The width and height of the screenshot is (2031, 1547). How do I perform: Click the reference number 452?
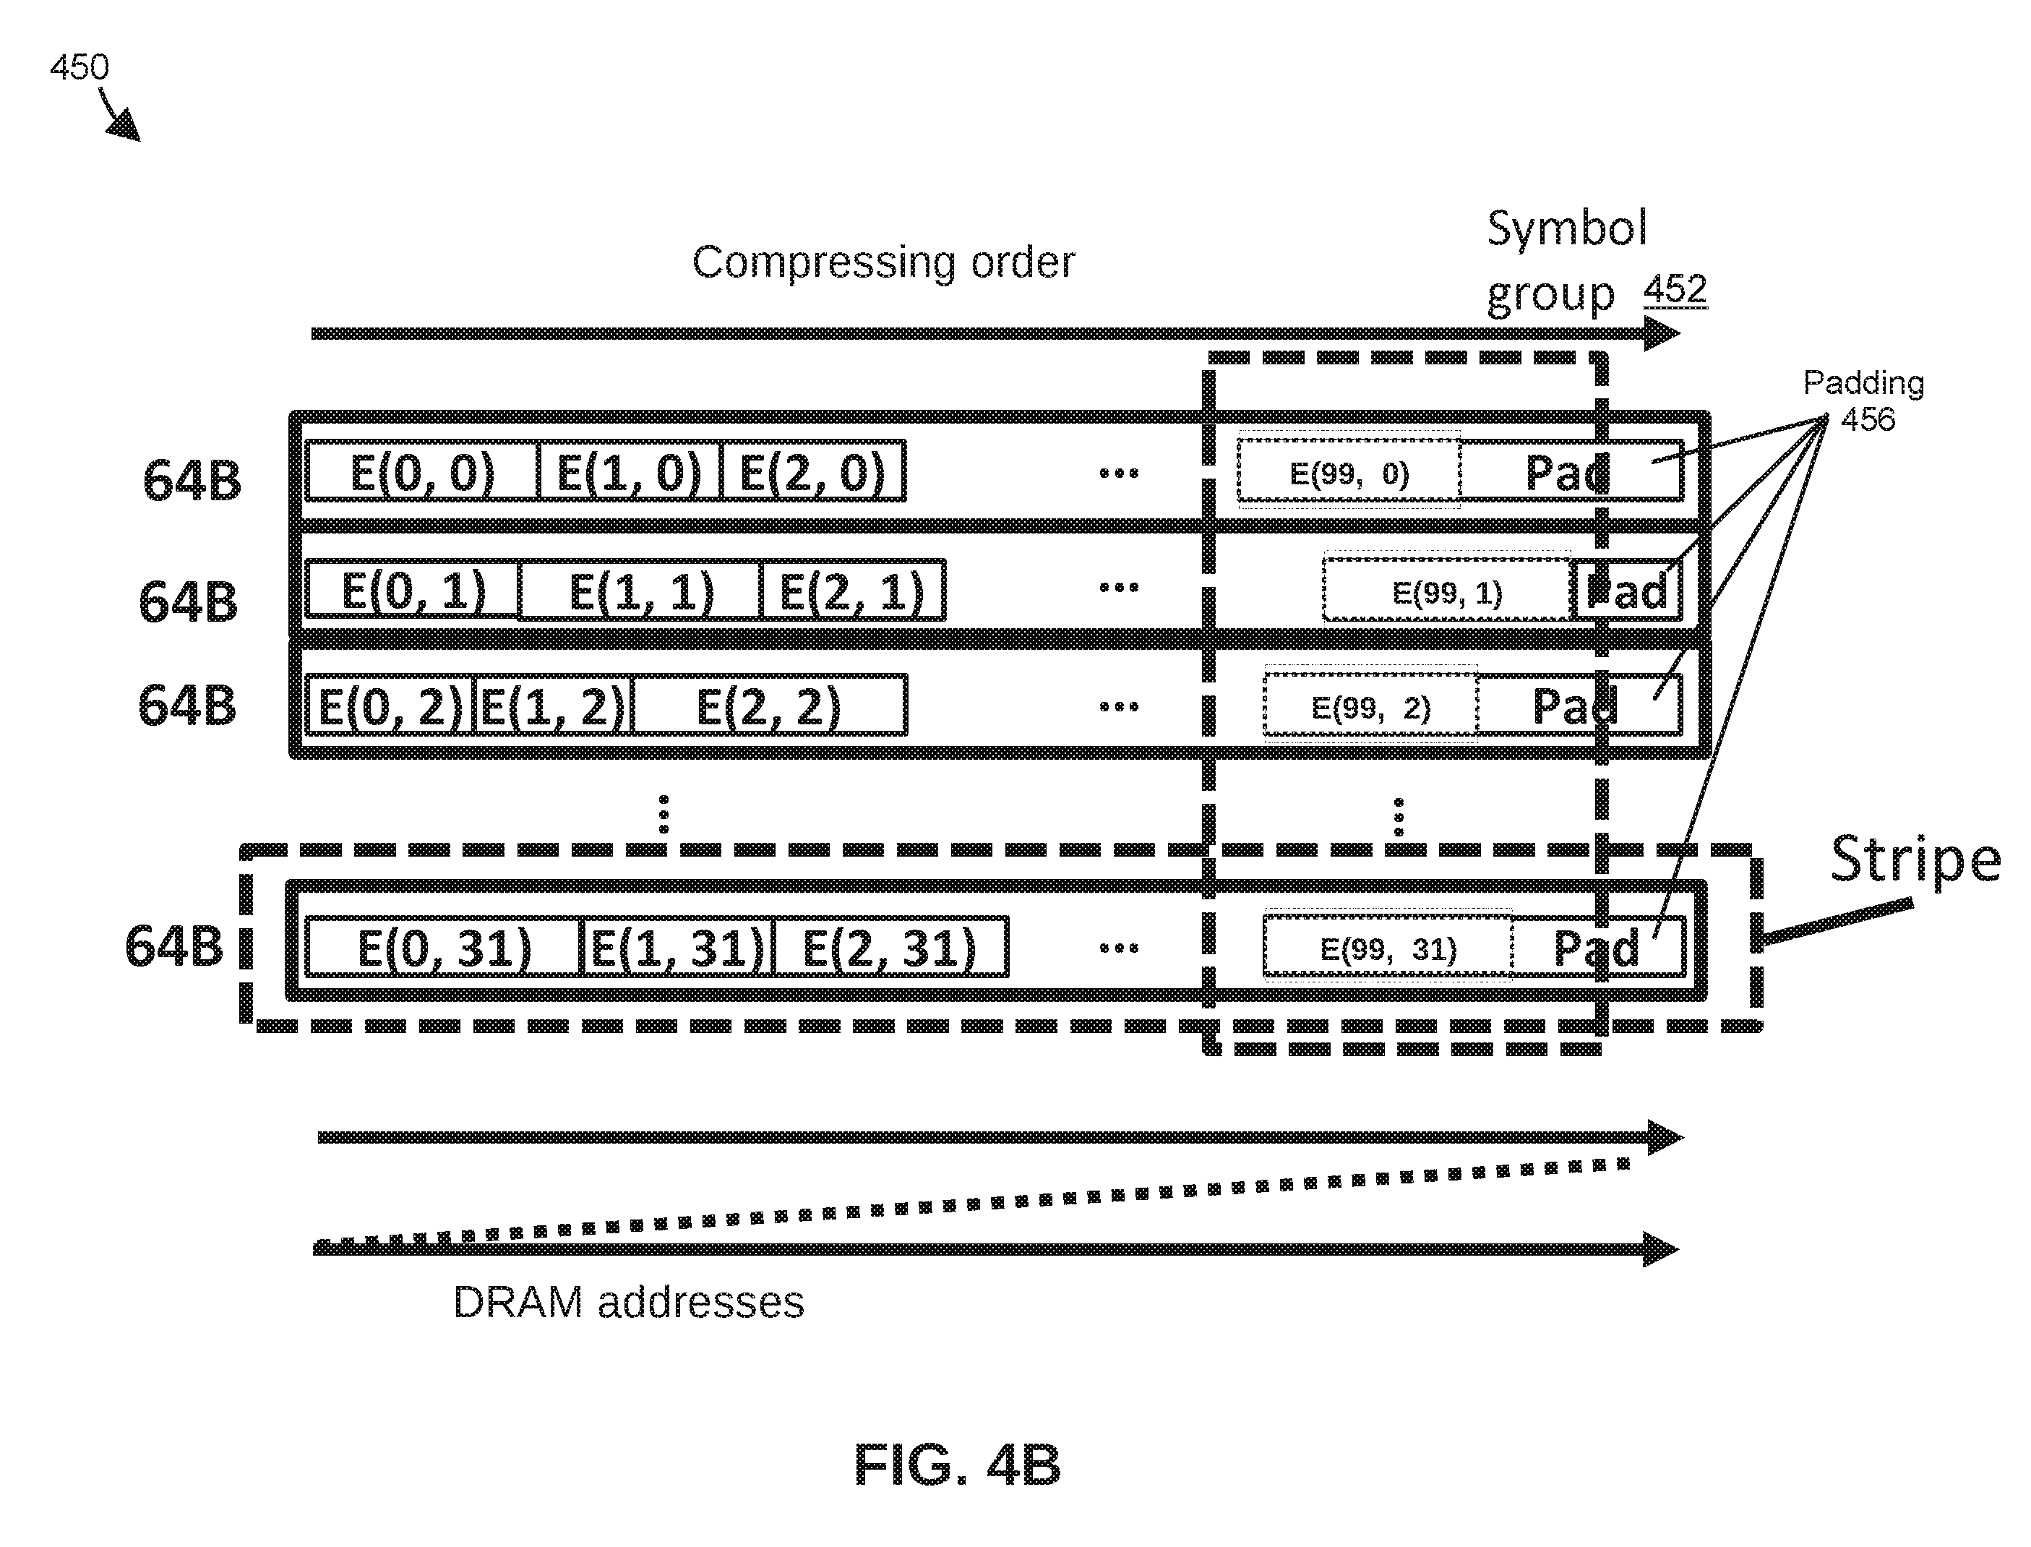click(x=1675, y=289)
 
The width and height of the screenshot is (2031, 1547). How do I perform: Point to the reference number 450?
click(x=80, y=67)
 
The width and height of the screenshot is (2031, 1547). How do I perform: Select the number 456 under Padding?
click(x=1867, y=420)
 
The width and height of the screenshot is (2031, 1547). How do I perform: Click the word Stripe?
click(x=1915, y=859)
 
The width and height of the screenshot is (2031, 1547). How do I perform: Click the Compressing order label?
click(x=883, y=263)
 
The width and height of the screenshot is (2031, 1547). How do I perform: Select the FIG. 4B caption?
click(x=958, y=1465)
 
